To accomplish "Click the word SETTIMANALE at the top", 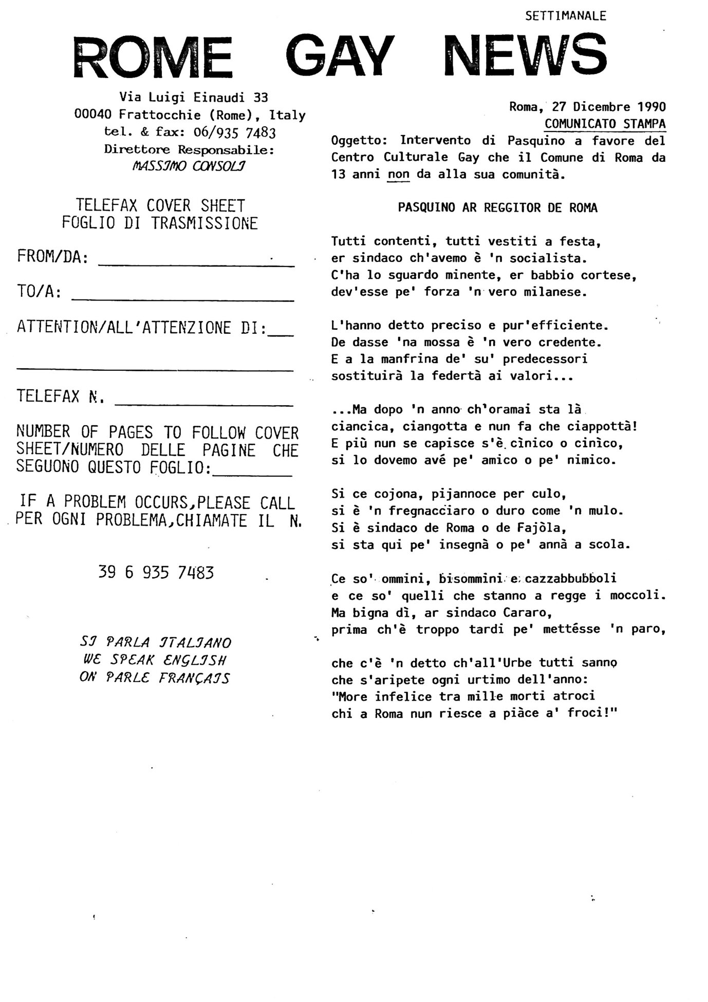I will tap(566, 16).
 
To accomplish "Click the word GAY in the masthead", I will tap(340, 56).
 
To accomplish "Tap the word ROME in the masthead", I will tap(153, 58).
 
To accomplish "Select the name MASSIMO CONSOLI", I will tap(189, 166).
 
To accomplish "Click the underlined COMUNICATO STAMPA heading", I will tap(605, 124).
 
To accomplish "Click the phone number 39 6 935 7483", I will tap(156, 572).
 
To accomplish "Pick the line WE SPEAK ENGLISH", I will tap(154, 660).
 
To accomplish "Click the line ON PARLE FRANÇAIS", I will tap(154, 678).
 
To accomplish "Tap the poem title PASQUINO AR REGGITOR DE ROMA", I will tap(497, 208).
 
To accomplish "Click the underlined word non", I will tap(399, 175).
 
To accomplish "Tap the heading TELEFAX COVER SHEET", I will tap(160, 206).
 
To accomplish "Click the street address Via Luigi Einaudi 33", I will tap(194, 97).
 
